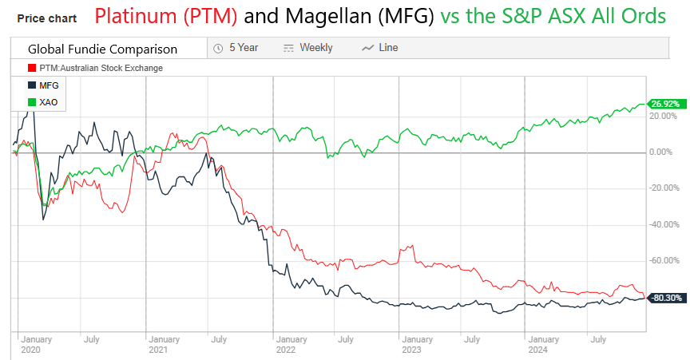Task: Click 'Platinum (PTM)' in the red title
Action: (x=168, y=16)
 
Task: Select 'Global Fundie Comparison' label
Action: (x=102, y=49)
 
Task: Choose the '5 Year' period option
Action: (x=243, y=48)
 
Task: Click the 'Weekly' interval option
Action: (x=315, y=48)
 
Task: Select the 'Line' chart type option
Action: (x=387, y=48)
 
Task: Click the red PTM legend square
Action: (x=31, y=68)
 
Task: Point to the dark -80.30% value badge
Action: (x=666, y=298)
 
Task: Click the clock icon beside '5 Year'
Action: (x=218, y=48)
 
